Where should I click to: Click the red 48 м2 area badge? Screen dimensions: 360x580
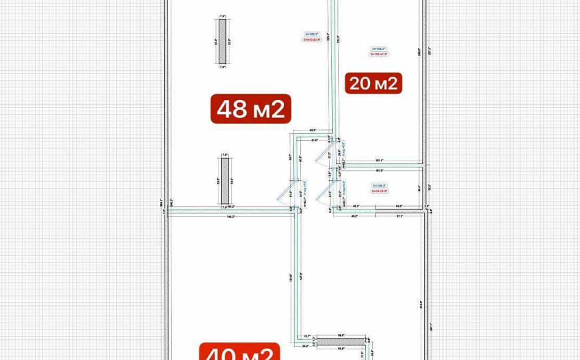click(251, 109)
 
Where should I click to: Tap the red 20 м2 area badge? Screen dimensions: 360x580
click(373, 83)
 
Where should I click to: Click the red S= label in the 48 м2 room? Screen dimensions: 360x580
click(312, 39)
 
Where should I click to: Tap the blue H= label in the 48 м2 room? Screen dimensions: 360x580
click(312, 34)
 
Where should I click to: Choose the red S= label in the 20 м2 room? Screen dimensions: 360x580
click(378, 54)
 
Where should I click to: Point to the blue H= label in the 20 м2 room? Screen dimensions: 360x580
click(378, 49)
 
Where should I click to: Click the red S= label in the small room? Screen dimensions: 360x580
click(379, 191)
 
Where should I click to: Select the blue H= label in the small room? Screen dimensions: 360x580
click(379, 186)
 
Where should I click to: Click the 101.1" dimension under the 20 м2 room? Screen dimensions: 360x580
click(378, 160)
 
